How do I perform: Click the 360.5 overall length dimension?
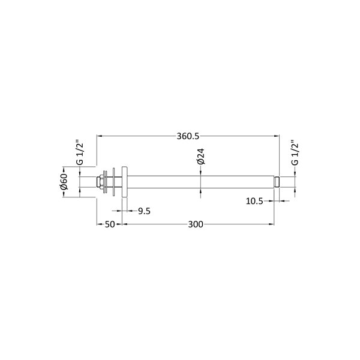pyautogui.click(x=188, y=136)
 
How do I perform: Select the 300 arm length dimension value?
pyautogui.click(x=196, y=224)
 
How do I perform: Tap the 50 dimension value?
pyautogui.click(x=110, y=224)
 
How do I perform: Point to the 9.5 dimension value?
pyautogui.click(x=144, y=211)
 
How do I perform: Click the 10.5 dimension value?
pyautogui.click(x=254, y=201)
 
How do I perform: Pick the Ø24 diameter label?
pyautogui.click(x=201, y=157)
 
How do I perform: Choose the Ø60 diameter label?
pyautogui.click(x=64, y=182)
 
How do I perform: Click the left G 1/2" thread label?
pyautogui.click(x=79, y=152)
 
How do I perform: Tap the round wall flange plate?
pyautogui.click(x=125, y=182)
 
